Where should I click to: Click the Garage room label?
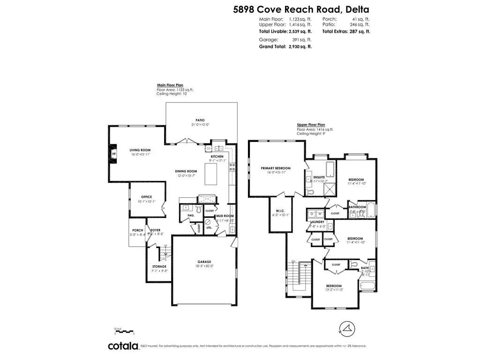(x=204, y=262)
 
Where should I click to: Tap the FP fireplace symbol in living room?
(x=113, y=153)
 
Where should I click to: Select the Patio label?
(x=200, y=120)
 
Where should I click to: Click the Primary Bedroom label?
(x=276, y=168)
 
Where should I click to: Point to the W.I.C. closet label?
(x=280, y=211)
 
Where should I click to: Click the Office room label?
(x=147, y=197)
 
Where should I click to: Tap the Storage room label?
(x=159, y=266)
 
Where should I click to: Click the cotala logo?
(x=123, y=346)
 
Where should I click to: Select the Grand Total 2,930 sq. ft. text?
(x=285, y=47)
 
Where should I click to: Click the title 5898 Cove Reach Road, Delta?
(x=301, y=9)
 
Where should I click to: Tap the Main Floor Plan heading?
(x=170, y=85)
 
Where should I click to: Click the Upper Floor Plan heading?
(x=311, y=125)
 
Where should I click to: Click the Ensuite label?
(x=319, y=177)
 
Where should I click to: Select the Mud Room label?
(x=225, y=216)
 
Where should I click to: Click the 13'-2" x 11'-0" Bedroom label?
(x=334, y=285)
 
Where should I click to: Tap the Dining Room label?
(x=186, y=172)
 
